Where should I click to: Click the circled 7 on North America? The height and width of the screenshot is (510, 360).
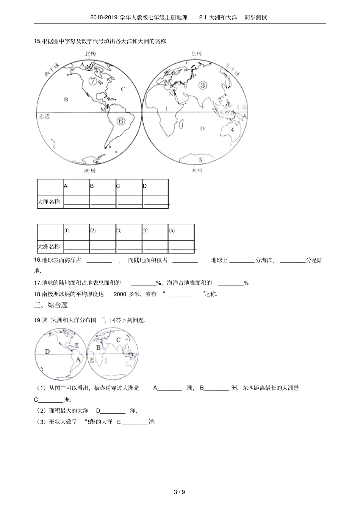point(92,81)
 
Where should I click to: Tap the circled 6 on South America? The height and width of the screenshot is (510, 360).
point(121,121)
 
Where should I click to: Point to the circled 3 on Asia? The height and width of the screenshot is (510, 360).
point(202,85)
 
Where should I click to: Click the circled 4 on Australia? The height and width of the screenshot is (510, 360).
point(232,129)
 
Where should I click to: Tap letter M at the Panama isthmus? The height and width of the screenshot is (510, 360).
point(102,110)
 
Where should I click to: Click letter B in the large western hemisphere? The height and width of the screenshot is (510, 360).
point(66,100)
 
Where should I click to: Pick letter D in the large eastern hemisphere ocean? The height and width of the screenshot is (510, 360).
point(202,129)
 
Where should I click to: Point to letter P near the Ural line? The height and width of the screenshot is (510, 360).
point(195,75)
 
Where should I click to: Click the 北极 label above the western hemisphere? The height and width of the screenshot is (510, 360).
point(90,54)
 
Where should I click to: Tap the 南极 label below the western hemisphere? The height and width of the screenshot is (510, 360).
point(90,171)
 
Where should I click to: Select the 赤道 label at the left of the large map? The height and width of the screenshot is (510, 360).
point(45,116)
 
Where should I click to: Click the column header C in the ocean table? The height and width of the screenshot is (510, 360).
point(118,186)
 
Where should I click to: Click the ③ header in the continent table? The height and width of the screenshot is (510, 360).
point(119,231)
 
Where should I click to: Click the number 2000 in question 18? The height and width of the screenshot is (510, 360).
point(120,294)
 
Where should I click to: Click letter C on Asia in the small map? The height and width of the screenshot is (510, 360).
point(118,340)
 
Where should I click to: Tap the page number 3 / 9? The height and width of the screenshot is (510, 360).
point(179,493)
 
